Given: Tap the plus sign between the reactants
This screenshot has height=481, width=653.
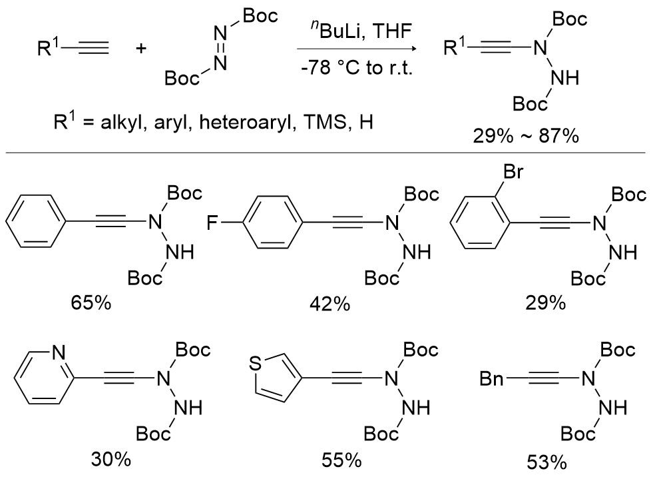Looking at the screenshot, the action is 140,49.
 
